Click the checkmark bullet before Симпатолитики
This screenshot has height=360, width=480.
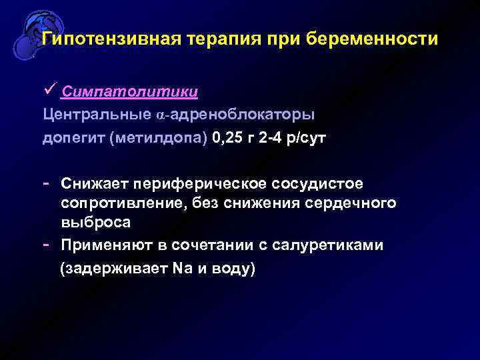pos(49,89)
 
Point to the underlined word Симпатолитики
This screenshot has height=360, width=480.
pos(130,91)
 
